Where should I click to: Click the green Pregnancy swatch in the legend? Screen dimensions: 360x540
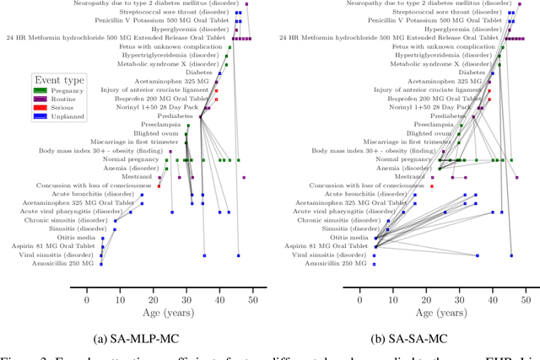[40, 90]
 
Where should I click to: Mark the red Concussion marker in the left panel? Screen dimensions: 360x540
[159, 185]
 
